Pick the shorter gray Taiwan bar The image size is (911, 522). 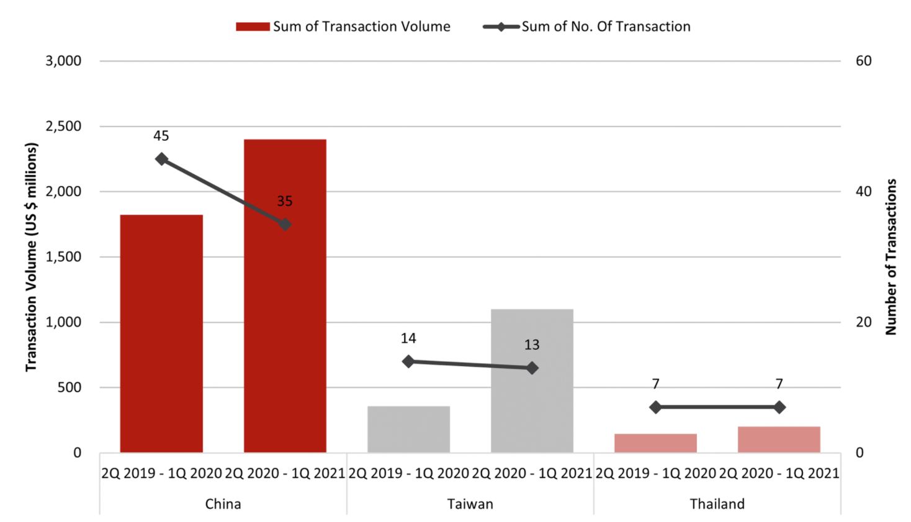coord(408,429)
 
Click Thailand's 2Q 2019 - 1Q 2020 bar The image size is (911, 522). coord(655,443)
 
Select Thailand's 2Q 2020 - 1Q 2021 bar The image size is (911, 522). coord(779,439)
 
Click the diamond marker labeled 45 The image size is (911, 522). coord(161,159)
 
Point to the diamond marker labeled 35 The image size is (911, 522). coord(285,224)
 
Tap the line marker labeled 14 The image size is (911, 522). coord(408,361)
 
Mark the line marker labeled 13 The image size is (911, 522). coord(532,368)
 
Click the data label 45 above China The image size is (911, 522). coord(161,136)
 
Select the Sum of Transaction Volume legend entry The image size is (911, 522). coord(343,27)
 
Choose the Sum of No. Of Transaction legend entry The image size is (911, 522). coord(587,27)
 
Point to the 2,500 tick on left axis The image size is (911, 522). coord(63,126)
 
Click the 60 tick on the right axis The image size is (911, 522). coord(863,61)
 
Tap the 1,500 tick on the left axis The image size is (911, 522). coord(63,257)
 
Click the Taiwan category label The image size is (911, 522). coord(470,504)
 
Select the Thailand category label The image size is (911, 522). coord(717,504)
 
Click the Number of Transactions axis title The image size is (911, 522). coord(891,257)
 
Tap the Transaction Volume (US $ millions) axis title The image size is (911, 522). coord(31,257)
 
